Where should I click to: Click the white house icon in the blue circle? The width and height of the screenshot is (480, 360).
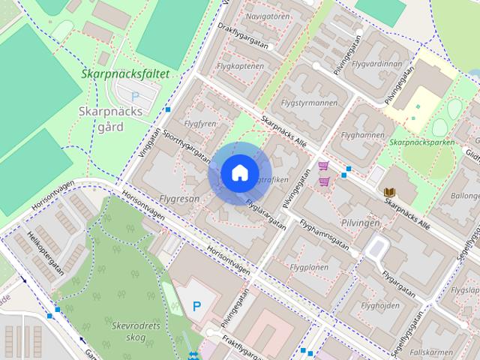(x=239, y=172)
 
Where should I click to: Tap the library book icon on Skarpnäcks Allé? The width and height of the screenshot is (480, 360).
(x=389, y=193)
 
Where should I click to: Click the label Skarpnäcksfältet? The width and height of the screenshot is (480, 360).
(x=125, y=75)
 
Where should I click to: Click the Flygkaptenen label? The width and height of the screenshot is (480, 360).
(x=240, y=66)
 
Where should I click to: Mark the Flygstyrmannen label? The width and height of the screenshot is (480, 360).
(x=307, y=103)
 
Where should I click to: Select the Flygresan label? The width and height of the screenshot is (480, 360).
(x=179, y=199)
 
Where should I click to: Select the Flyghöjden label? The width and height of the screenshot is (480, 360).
(x=379, y=305)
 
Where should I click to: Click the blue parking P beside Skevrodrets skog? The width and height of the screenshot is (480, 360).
(x=196, y=306)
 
